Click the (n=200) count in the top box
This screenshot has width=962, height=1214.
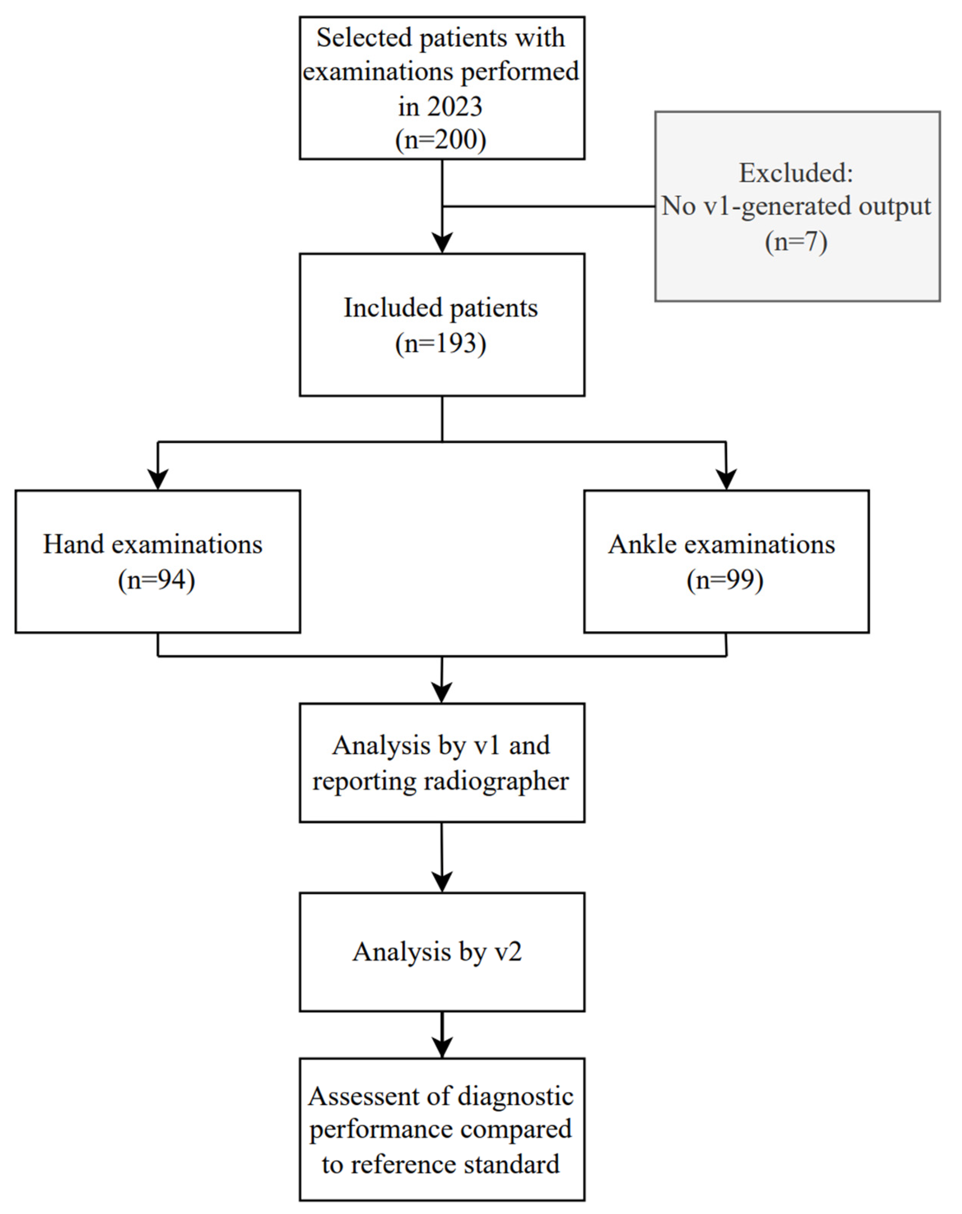point(441,139)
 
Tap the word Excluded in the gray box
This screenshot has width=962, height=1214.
point(796,173)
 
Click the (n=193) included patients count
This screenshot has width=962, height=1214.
point(441,344)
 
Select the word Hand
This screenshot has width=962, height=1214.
point(73,544)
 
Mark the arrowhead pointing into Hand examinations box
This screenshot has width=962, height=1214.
point(158,479)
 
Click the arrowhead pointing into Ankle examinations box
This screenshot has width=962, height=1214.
point(727,479)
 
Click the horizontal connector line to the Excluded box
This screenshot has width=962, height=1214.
point(549,207)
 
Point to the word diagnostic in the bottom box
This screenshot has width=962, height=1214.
point(515,1096)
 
